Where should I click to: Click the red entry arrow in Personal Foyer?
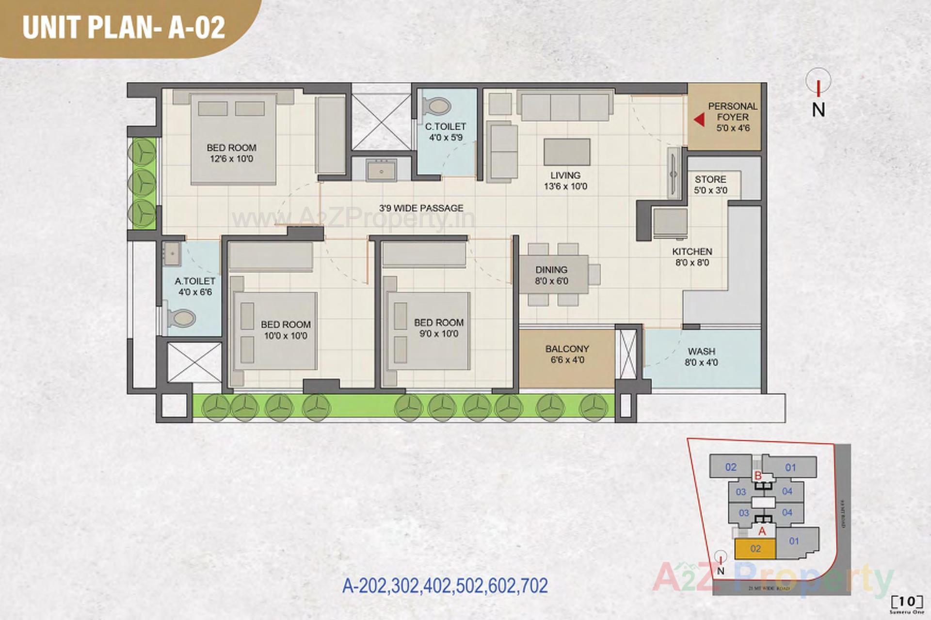pos(699,119)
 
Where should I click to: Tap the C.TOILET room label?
pos(445,126)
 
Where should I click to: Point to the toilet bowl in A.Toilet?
pos(181,318)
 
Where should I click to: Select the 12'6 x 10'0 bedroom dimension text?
pos(231,159)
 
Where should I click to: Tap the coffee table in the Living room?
pos(567,152)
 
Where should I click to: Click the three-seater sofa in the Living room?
pos(565,106)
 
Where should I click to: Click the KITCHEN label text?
pos(692,251)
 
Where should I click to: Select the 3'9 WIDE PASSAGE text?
pos(421,208)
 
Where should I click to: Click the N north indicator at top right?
pos(819,109)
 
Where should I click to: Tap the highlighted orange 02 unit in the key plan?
pos(755,549)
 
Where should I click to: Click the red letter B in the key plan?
pos(758,476)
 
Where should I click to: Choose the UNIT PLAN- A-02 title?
pos(124,27)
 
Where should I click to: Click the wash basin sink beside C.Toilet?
pos(381,170)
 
